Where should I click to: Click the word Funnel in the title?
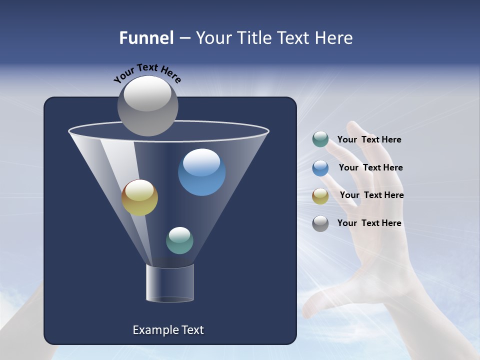click(146, 38)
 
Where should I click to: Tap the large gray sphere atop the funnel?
click(147, 106)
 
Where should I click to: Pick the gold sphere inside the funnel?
click(139, 198)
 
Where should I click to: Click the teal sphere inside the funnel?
click(179, 240)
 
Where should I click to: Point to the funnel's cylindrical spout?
click(170, 283)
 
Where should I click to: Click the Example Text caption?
click(168, 330)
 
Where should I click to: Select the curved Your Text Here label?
click(147, 72)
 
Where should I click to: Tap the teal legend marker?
click(320, 139)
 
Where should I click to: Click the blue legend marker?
click(320, 168)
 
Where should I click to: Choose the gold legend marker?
click(320, 196)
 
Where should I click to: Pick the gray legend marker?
click(320, 223)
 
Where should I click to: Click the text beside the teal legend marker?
click(369, 139)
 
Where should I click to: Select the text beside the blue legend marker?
click(370, 167)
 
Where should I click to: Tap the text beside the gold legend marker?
click(371, 195)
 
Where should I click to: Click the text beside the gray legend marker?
click(369, 223)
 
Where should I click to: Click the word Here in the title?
click(335, 38)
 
